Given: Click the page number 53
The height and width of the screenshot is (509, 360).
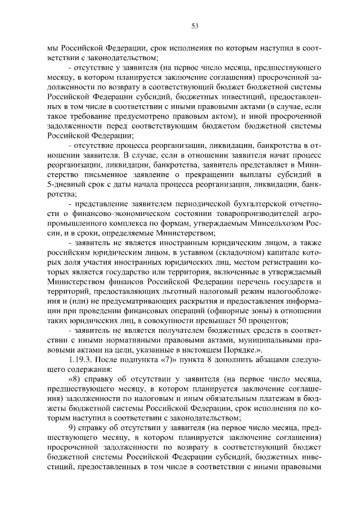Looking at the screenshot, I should (179, 25).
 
